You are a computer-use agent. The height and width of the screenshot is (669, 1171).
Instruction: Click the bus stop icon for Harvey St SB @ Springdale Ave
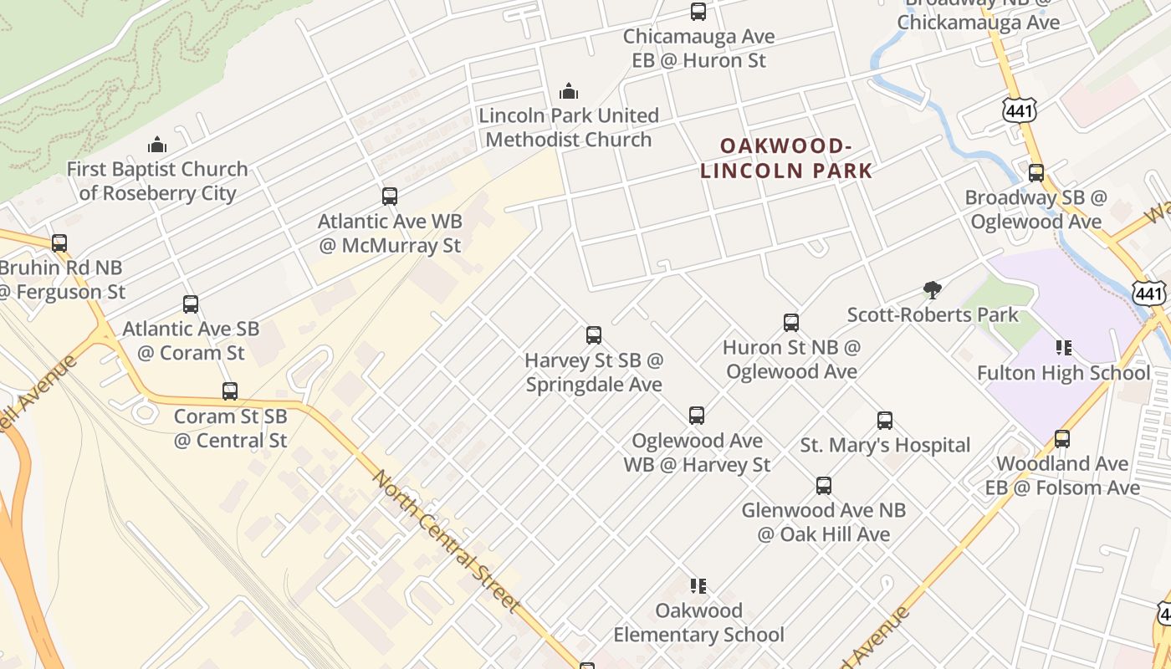click(594, 335)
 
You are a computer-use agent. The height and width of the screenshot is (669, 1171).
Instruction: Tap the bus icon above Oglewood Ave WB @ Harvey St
click(697, 415)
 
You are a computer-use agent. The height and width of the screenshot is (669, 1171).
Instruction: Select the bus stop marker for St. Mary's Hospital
click(885, 420)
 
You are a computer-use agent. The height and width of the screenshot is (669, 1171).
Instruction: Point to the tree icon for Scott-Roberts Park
click(933, 290)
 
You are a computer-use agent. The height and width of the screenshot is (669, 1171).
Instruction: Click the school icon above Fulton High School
click(1063, 347)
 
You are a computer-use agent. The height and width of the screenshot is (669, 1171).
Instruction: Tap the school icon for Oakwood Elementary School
click(698, 585)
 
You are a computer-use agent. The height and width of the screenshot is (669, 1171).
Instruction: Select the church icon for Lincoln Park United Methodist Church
click(569, 90)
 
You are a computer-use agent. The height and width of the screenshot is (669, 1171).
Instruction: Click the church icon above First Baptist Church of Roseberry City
click(157, 145)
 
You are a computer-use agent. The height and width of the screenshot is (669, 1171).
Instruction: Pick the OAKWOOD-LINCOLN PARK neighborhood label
click(785, 159)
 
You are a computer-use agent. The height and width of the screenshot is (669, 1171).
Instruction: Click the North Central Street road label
click(446, 540)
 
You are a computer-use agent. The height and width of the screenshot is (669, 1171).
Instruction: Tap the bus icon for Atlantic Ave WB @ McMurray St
click(390, 197)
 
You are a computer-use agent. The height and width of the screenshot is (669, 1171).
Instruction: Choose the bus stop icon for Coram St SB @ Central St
click(230, 391)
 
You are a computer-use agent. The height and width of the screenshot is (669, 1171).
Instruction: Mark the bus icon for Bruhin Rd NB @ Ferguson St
click(59, 243)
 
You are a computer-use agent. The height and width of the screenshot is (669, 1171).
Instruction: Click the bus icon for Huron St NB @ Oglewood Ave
click(791, 322)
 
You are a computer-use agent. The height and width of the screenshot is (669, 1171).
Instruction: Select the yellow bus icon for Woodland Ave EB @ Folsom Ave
click(1062, 438)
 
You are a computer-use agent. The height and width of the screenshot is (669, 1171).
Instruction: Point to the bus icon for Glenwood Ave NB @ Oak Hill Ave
click(824, 485)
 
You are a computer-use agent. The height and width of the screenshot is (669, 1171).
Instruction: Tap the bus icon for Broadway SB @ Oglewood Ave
click(1036, 173)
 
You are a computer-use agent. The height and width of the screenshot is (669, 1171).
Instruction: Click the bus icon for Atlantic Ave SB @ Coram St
click(191, 304)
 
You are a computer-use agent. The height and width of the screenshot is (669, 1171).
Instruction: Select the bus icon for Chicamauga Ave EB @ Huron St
click(698, 12)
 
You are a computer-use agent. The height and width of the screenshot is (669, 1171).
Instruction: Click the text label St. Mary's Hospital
click(885, 445)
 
